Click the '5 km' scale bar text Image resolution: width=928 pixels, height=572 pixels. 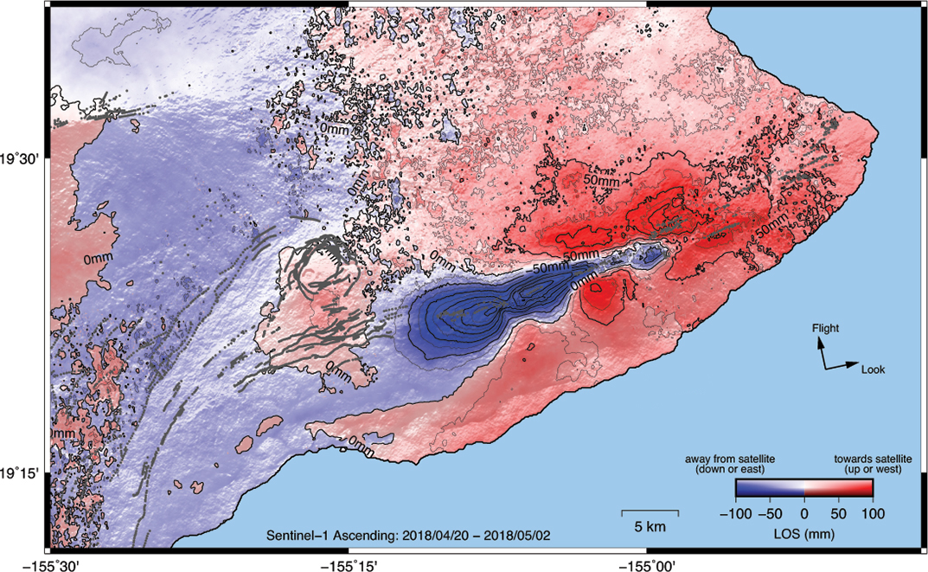pyautogui.click(x=650, y=526)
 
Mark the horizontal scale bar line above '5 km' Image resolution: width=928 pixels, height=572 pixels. pyautogui.click(x=650, y=513)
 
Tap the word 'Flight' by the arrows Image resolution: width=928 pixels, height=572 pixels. pyautogui.click(x=826, y=328)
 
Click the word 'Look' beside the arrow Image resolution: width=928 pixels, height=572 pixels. pyautogui.click(x=873, y=370)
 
